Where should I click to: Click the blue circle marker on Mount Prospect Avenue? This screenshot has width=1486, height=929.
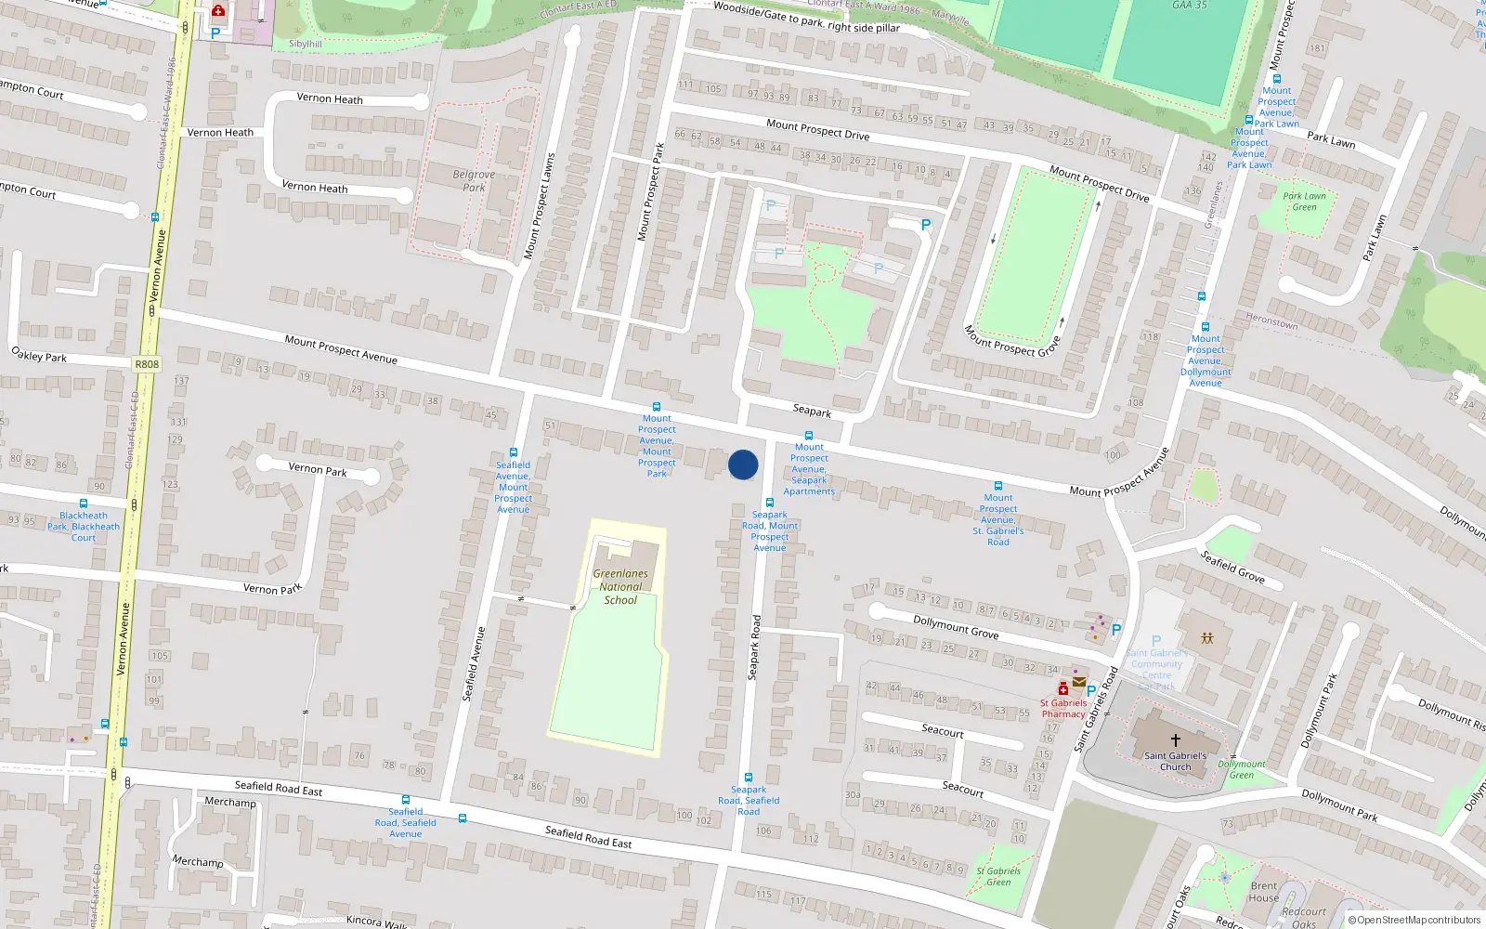pyautogui.click(x=743, y=464)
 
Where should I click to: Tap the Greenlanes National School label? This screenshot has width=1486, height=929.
pyautogui.click(x=620, y=587)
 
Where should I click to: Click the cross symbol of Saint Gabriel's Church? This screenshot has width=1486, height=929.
pyautogui.click(x=1175, y=740)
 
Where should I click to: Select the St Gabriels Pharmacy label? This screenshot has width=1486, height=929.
pyautogui.click(x=1063, y=708)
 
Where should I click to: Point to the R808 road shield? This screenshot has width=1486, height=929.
pyautogui.click(x=147, y=364)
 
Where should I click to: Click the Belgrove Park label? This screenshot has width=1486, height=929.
pyautogui.click(x=474, y=180)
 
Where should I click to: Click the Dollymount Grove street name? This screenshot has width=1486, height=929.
pyautogui.click(x=956, y=627)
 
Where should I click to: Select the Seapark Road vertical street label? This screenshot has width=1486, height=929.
pyautogui.click(x=754, y=647)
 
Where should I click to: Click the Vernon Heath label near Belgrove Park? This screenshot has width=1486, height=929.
pyautogui.click(x=315, y=188)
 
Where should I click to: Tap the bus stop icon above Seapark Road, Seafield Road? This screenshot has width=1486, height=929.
pyautogui.click(x=749, y=778)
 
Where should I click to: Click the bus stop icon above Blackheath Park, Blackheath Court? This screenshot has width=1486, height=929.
pyautogui.click(x=84, y=504)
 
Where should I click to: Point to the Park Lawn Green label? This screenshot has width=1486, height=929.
pyautogui.click(x=1304, y=202)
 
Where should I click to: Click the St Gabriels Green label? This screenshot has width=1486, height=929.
pyautogui.click(x=998, y=876)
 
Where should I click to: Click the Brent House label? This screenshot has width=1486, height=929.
pyautogui.click(x=1263, y=892)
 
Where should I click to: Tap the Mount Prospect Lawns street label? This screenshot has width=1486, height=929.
pyautogui.click(x=539, y=206)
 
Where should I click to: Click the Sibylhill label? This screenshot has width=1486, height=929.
pyautogui.click(x=306, y=44)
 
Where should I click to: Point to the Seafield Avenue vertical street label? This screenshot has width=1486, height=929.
pyautogui.click(x=474, y=663)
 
